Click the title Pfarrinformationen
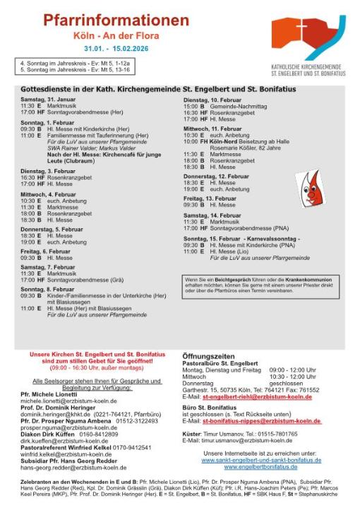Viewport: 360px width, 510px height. pos(116,20)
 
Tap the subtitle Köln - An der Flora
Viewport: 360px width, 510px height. pos(116,34)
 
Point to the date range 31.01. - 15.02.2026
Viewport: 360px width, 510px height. pos(116,49)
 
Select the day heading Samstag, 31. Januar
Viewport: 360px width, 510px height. pos(48,99)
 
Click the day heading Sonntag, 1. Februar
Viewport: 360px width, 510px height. pos(47,123)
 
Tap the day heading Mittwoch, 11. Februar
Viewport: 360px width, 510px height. pos(212,129)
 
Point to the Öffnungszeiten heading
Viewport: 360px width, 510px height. pos(209,356)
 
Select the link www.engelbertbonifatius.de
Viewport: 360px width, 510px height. pos(260,467)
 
